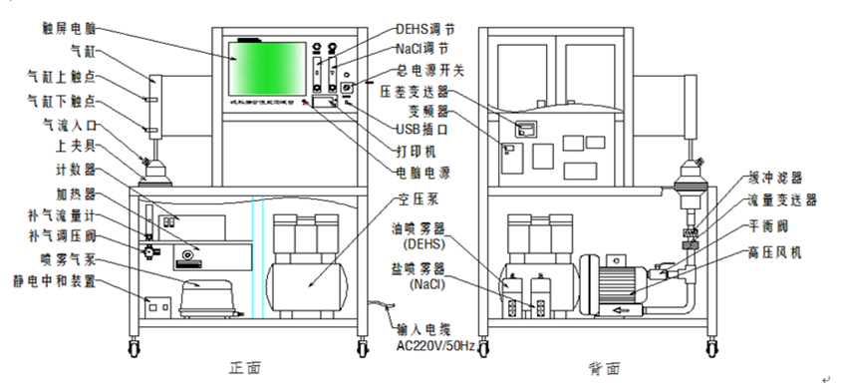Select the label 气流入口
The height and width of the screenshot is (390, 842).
(70, 126)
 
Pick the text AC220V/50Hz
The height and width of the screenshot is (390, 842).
(427, 348)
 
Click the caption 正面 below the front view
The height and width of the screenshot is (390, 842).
(246, 367)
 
